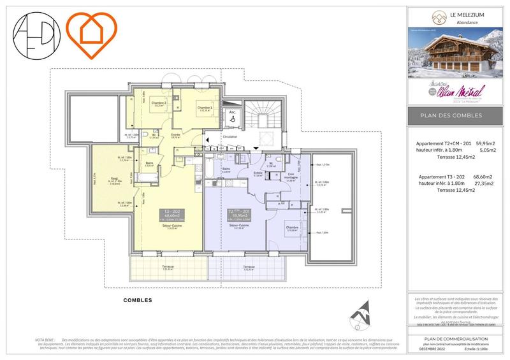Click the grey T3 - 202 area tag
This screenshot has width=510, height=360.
pyautogui.click(x=171, y=216)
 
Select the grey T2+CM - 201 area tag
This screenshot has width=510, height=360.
pyautogui.click(x=238, y=216)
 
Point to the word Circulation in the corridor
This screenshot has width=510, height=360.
pyautogui.click(x=230, y=136)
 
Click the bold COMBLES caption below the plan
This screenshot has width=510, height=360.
pyautogui.click(x=138, y=299)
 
